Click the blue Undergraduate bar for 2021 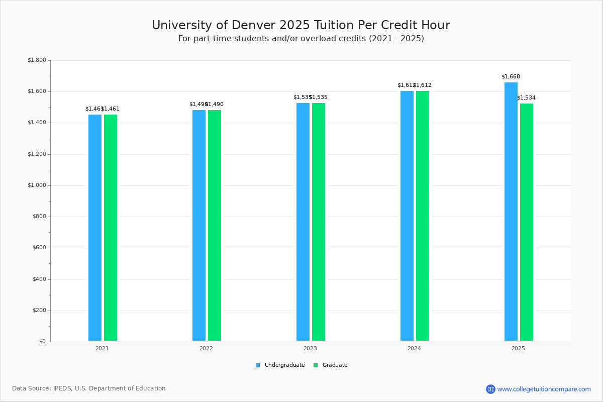(95, 228)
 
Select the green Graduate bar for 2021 (111, 228)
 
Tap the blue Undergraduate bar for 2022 (199, 226)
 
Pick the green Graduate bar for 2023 (319, 222)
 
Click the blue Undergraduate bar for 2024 (407, 216)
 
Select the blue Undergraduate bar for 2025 (511, 212)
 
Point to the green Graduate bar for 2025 (527, 222)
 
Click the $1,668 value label (511, 77)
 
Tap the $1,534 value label (526, 97)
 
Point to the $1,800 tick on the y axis (37, 60)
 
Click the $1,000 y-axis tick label (37, 185)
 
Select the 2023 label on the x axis (310, 348)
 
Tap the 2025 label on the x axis (518, 348)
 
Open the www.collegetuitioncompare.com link (544, 389)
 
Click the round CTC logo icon (490, 389)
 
